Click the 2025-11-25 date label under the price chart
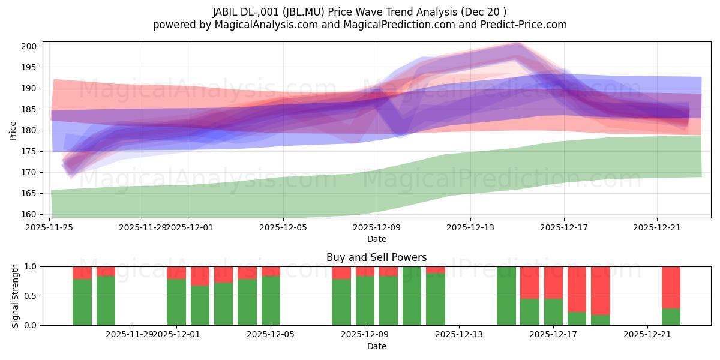[49, 227]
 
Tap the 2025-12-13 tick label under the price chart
[470, 227]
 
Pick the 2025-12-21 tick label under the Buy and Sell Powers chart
[647, 334]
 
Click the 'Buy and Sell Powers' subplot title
[376, 257]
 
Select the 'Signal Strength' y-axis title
[16, 296]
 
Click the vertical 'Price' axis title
[13, 130]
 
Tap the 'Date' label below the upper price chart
[376, 239]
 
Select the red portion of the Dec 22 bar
[671, 287]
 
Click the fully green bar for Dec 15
[506, 296]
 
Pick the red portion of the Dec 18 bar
[577, 289]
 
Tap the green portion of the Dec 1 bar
[176, 302]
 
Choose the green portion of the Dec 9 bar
[365, 301]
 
